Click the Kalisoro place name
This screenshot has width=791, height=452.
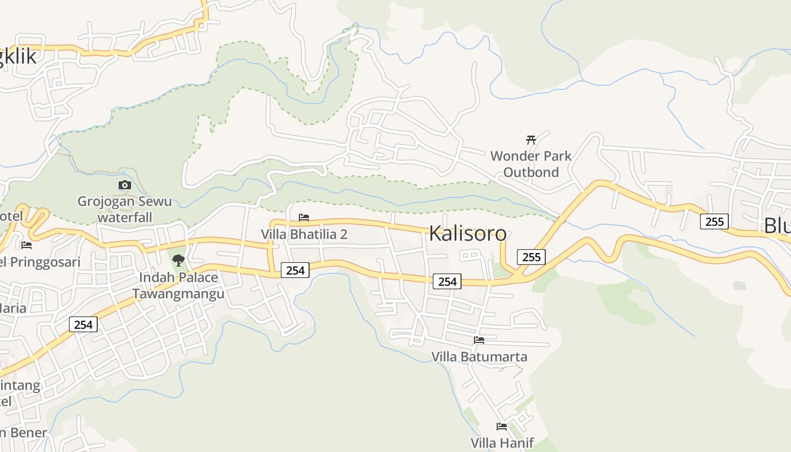pyautogui.click(x=467, y=233)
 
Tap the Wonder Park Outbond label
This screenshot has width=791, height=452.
pyautogui.click(x=531, y=164)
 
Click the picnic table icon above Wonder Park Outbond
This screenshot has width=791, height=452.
pyautogui.click(x=531, y=140)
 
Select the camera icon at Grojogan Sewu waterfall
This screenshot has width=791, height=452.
pyautogui.click(x=125, y=185)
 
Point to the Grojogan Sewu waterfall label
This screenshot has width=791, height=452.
pyautogui.click(x=124, y=209)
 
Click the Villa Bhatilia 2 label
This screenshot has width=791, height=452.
pyautogui.click(x=304, y=234)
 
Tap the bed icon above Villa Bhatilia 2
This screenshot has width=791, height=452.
pyautogui.click(x=304, y=218)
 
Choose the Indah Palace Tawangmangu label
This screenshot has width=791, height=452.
pyautogui.click(x=178, y=286)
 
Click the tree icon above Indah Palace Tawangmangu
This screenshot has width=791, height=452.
pyautogui.click(x=179, y=260)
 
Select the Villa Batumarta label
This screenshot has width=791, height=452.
pyautogui.click(x=479, y=357)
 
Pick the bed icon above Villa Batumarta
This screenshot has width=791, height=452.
pyautogui.click(x=479, y=340)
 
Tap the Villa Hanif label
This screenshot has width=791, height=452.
pyautogui.click(x=502, y=442)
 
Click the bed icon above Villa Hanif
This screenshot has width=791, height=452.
pyautogui.click(x=502, y=427)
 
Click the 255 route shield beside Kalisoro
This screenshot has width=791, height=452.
pyautogui.click(x=531, y=257)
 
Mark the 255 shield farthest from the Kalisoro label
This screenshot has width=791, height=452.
pyautogui.click(x=714, y=221)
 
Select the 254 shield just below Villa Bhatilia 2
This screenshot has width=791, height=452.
pyautogui.click(x=295, y=271)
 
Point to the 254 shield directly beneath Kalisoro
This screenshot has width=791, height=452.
pyautogui.click(x=447, y=281)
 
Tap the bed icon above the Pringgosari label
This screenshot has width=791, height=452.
pyautogui.click(x=26, y=245)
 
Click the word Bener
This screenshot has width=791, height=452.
pyautogui.click(x=28, y=433)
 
